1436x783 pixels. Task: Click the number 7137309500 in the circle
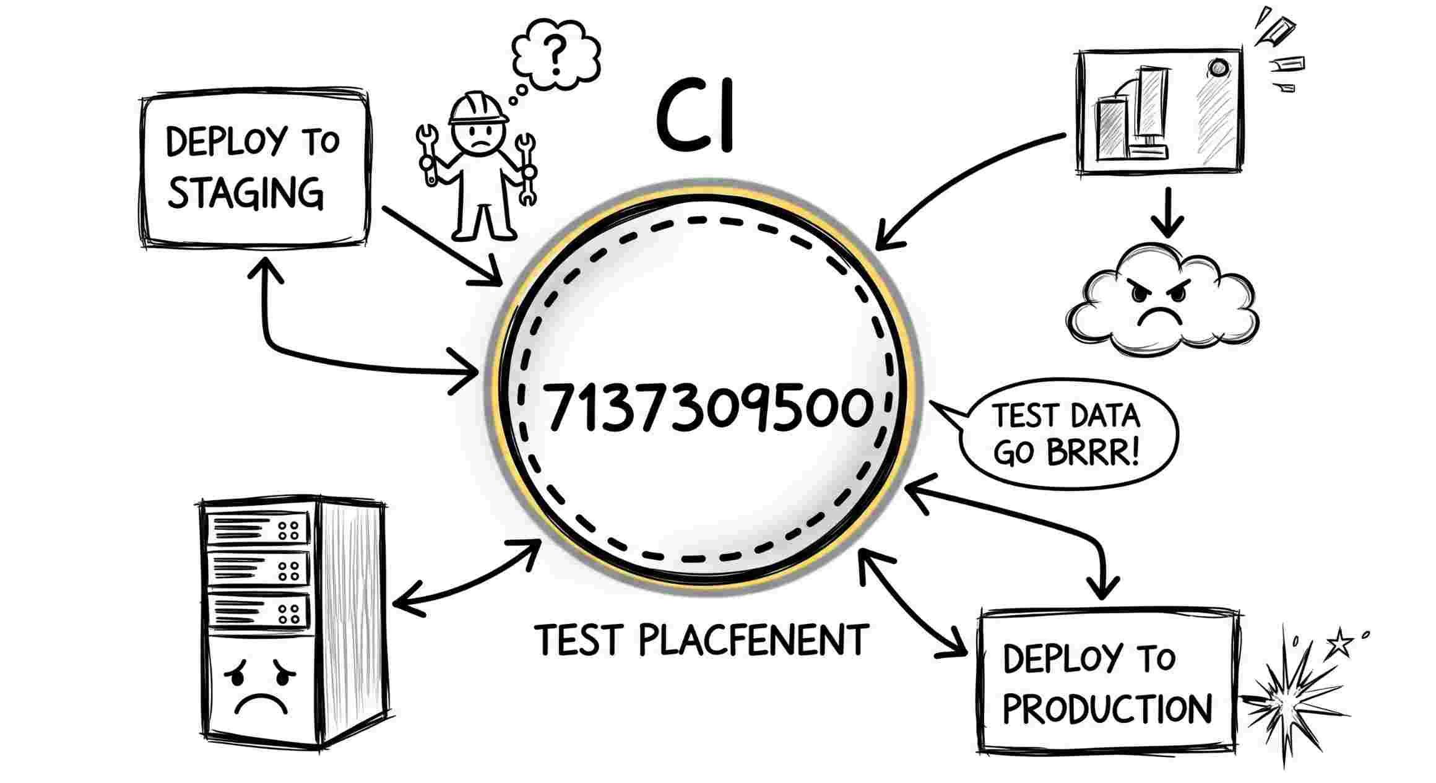[x=709, y=407]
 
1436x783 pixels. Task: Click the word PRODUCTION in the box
[x=1107, y=709]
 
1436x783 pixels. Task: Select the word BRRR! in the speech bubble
[x=1092, y=453]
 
